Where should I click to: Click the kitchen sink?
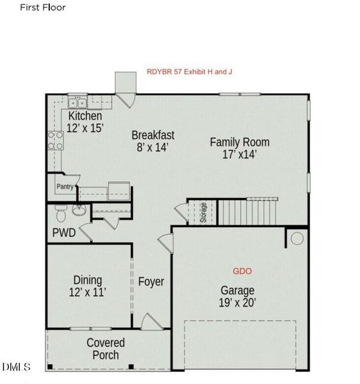[78, 102]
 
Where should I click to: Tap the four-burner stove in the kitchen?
[54, 140]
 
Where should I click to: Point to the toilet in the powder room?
[60, 212]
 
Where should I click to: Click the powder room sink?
[79, 210]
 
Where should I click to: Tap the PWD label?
[64, 233]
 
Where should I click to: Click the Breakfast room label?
[152, 135]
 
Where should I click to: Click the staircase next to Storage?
[247, 212]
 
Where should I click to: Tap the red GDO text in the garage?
[242, 271]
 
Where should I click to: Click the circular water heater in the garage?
[297, 239]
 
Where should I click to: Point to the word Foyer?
[151, 282]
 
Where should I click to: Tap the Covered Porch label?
[106, 349]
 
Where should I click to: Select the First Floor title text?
[42, 8]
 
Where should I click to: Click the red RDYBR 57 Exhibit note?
[189, 72]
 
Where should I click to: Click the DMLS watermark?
[16, 367]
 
